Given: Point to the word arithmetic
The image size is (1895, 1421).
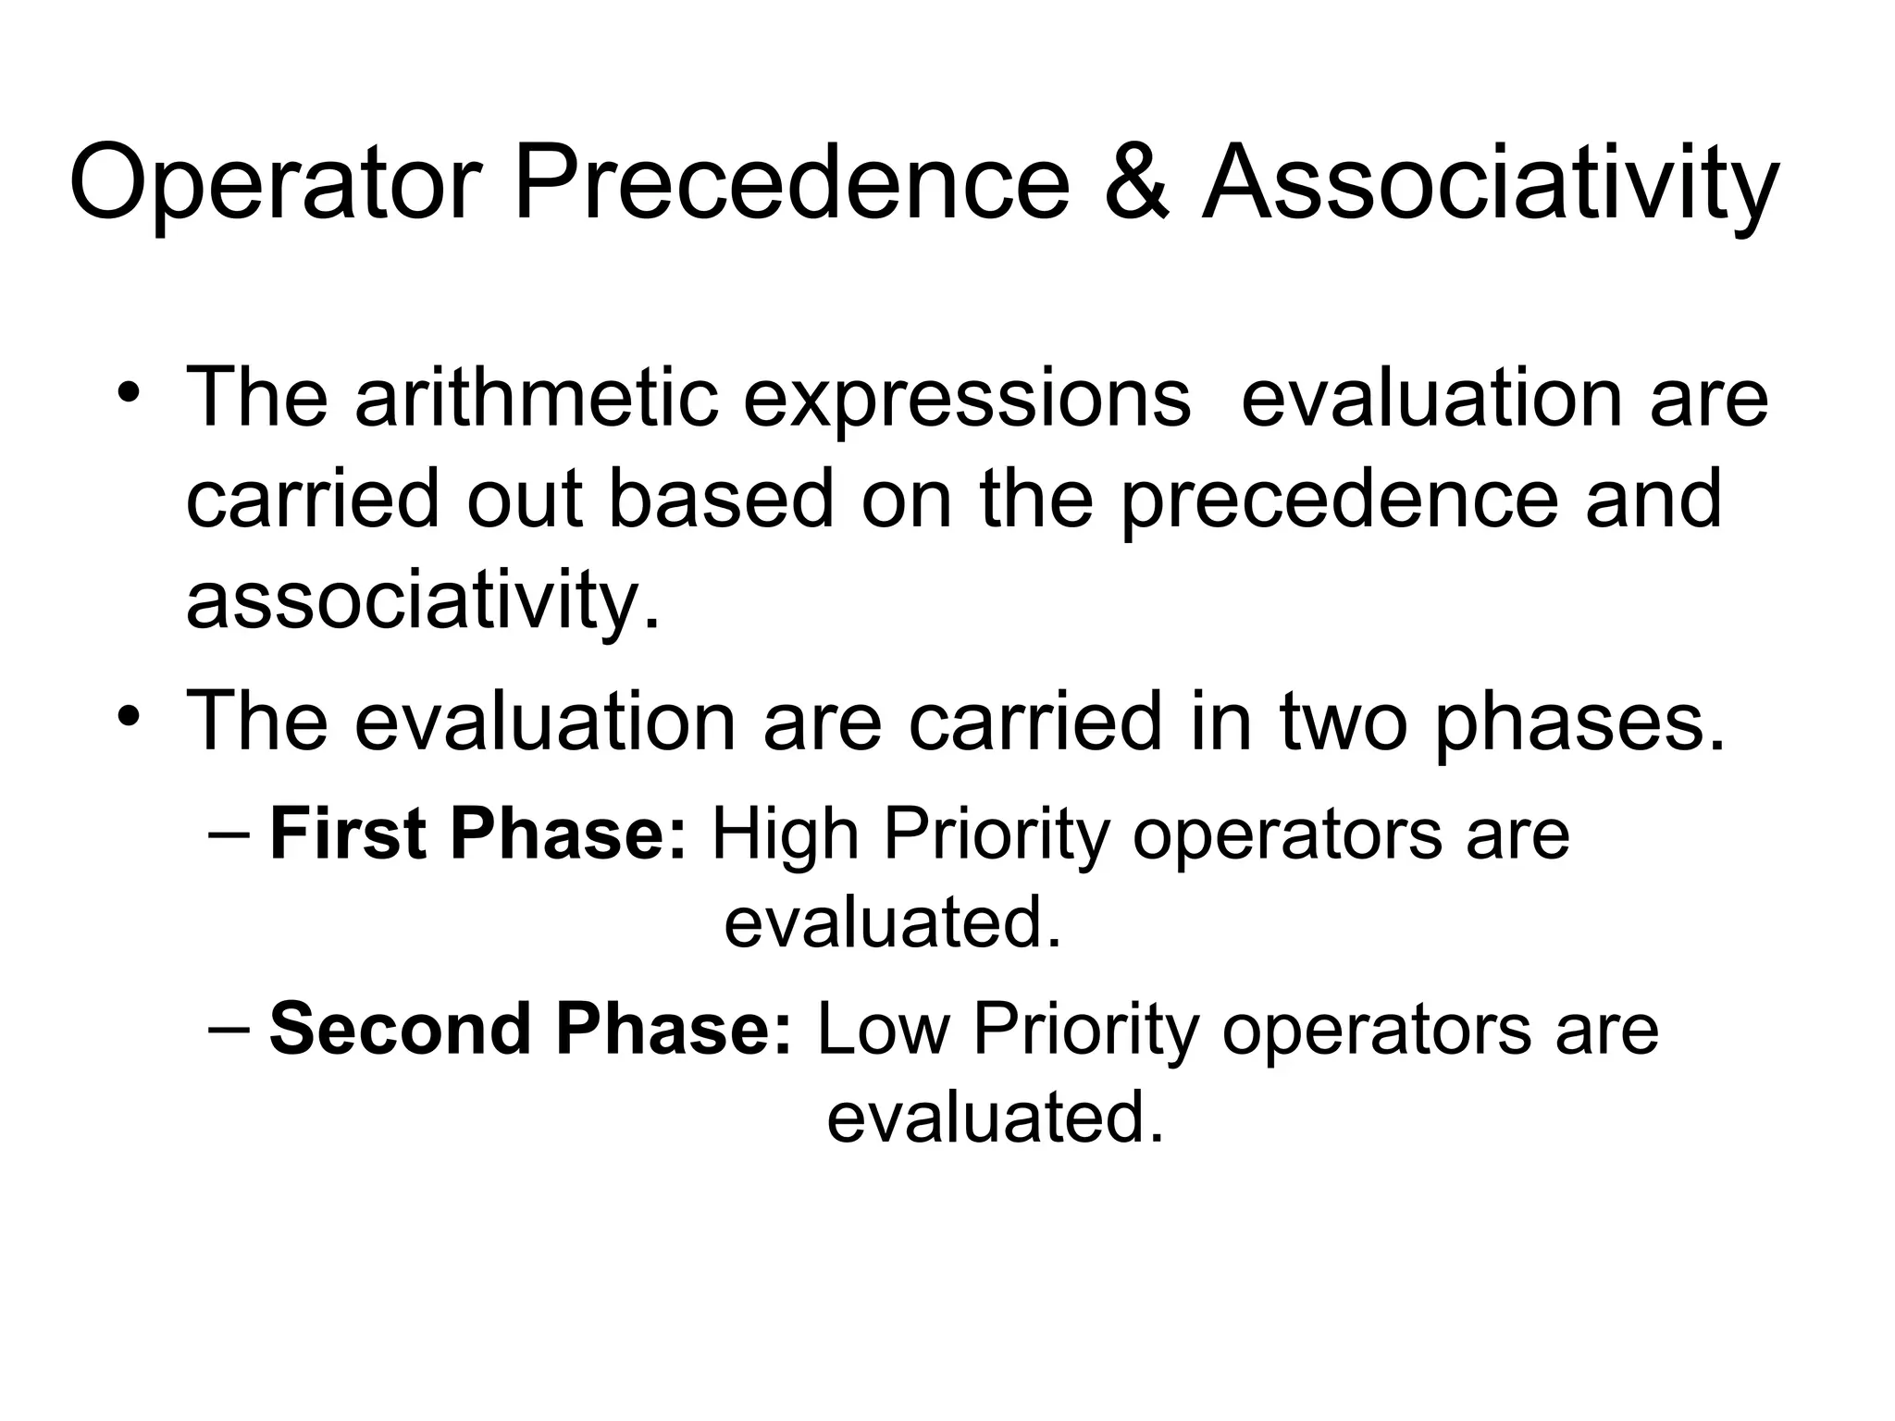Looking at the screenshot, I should click(x=537, y=398).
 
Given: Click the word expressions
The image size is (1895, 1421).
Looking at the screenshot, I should click(x=967, y=400).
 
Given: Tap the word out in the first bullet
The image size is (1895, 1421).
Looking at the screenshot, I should click(x=525, y=500).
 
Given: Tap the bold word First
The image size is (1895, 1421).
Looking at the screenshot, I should click(x=350, y=834).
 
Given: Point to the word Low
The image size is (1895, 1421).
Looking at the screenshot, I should click(x=884, y=1028).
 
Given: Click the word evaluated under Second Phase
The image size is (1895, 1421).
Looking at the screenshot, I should click(x=995, y=1117).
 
